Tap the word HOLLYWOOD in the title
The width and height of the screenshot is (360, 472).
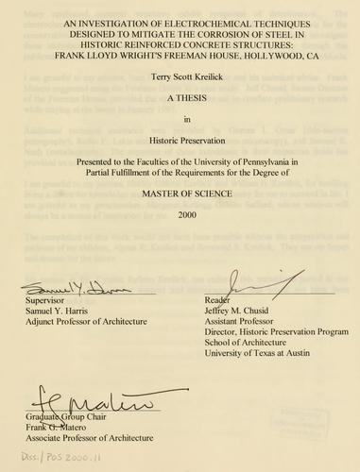(x=276, y=55)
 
